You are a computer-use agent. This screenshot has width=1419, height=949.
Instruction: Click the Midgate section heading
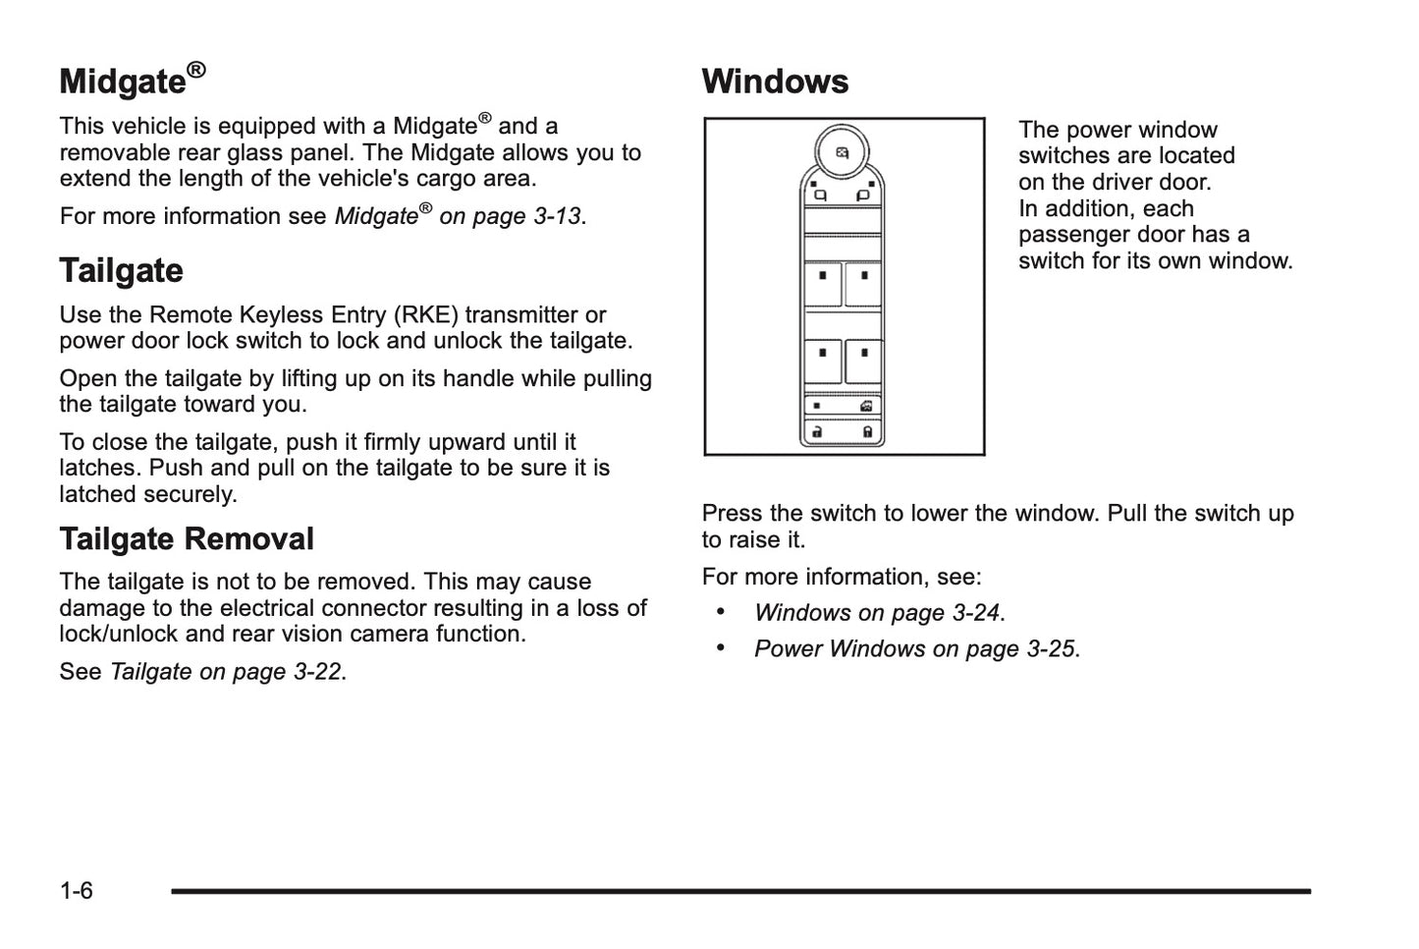coord(123,82)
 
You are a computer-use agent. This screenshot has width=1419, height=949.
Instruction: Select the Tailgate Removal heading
coord(187,539)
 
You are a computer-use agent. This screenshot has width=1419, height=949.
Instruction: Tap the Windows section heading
coord(775,82)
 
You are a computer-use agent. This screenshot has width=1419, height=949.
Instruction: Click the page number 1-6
coord(77,891)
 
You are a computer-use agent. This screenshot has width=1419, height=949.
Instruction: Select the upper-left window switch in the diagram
coord(823,284)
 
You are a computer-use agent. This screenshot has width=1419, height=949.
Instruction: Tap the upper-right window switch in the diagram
coord(863,284)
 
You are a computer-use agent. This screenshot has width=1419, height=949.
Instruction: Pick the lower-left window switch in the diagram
coord(823,361)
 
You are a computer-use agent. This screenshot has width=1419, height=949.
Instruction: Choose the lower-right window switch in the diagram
coord(863,361)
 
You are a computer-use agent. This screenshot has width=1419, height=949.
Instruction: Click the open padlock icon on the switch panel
coord(817,431)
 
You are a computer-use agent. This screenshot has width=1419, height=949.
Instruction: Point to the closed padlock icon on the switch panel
coord(868,431)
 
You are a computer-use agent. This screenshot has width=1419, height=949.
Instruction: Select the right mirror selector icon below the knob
coord(864,195)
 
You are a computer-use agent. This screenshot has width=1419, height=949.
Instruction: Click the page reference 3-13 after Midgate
coord(557,217)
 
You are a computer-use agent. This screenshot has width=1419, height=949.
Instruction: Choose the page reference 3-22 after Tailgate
coord(316,672)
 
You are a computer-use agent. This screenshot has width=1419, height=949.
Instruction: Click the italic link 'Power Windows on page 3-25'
coord(915,649)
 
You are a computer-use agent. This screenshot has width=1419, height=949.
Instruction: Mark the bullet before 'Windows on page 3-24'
coord(721,612)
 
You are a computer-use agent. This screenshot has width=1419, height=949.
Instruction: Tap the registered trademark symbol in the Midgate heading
coord(196,70)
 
